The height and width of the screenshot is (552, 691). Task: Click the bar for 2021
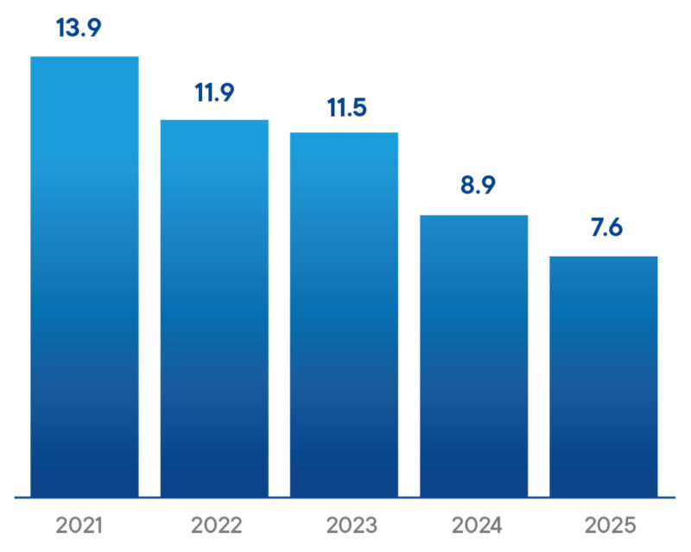(85, 276)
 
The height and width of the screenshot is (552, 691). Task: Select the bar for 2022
(214, 308)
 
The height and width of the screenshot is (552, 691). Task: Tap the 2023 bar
(344, 314)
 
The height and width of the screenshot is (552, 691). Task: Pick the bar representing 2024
(473, 356)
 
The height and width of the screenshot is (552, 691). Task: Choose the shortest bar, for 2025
(604, 377)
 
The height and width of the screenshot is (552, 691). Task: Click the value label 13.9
(79, 28)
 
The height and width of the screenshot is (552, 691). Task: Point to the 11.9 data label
(214, 92)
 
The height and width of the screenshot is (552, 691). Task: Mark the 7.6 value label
(604, 229)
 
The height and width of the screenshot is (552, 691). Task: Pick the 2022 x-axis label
(214, 524)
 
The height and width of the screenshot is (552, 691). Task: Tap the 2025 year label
(609, 524)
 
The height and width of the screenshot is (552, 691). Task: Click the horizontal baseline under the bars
(345, 498)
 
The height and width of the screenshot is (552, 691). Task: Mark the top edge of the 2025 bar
(604, 257)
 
